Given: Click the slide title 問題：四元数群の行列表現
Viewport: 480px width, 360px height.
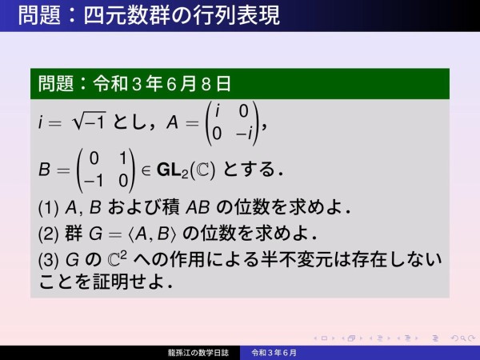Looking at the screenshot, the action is point(149,15).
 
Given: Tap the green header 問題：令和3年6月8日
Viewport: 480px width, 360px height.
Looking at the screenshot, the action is point(134,83).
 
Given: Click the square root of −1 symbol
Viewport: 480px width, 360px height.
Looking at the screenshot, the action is point(89,122).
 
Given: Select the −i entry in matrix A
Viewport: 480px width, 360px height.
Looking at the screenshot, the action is point(244,134).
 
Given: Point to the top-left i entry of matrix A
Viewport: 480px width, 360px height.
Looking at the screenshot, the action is point(218,110).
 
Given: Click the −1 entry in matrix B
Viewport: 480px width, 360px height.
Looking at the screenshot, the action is point(93,181).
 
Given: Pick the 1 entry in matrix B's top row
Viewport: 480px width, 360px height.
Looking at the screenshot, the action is point(123,158).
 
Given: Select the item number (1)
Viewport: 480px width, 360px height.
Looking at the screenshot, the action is point(48,207).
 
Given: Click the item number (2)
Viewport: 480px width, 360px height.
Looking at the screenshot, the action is point(48,234).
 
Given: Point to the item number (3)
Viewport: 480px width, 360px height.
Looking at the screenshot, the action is point(48,260).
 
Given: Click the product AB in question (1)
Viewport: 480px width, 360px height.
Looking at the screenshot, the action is point(198,207).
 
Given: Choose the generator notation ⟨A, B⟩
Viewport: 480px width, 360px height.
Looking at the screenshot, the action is point(153,234).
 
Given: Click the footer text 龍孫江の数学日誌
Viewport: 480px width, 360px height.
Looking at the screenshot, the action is point(198,353).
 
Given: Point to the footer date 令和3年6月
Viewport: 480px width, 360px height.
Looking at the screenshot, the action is point(274,353).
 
